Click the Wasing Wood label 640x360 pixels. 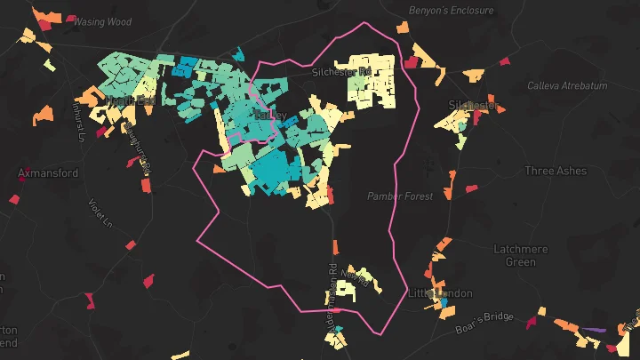coord(101,21)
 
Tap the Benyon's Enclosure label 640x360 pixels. coord(450,10)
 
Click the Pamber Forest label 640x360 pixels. coord(400,196)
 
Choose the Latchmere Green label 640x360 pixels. coord(520,256)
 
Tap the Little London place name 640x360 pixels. coord(440,293)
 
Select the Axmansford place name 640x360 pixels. coord(49,173)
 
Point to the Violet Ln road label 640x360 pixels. coord(102,213)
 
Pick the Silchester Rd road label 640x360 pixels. coord(340,71)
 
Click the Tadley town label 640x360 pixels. coord(270,116)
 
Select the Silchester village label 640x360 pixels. coord(473,105)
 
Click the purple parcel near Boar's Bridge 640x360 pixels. coord(594,330)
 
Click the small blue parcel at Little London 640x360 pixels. coord(442,303)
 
